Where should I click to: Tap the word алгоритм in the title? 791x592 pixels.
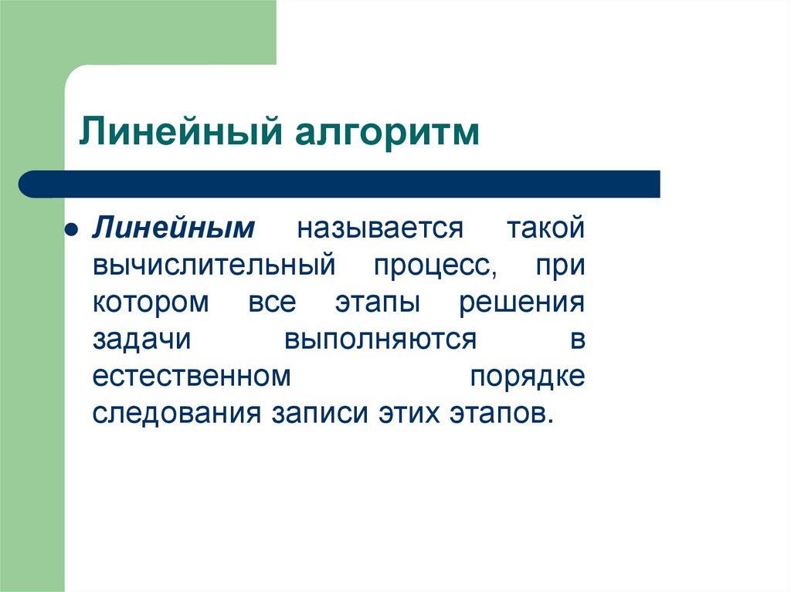point(385,132)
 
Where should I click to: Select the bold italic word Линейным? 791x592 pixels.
point(175,228)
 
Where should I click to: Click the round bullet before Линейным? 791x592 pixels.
point(70,231)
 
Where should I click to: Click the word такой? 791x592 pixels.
point(545,228)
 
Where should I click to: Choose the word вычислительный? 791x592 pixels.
point(214,266)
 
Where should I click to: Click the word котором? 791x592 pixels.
point(151,302)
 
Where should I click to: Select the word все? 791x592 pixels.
point(271,302)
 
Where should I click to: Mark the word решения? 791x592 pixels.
point(522,302)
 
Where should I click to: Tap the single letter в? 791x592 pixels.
point(578,339)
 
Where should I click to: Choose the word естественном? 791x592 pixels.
point(192,376)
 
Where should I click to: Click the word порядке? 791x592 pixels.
point(527,376)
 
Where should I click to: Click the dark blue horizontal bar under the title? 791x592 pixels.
point(340,184)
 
